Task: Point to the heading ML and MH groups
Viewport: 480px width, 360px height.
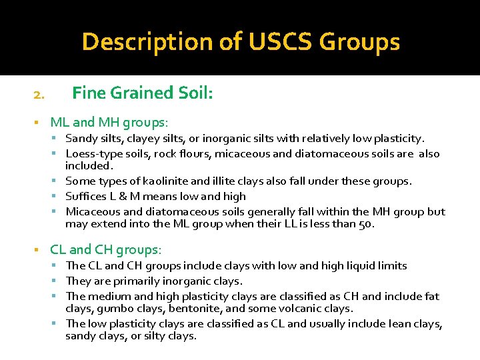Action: point(109,122)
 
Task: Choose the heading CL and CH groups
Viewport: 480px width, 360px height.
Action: point(106,249)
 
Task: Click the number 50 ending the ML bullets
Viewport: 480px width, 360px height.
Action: point(365,224)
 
